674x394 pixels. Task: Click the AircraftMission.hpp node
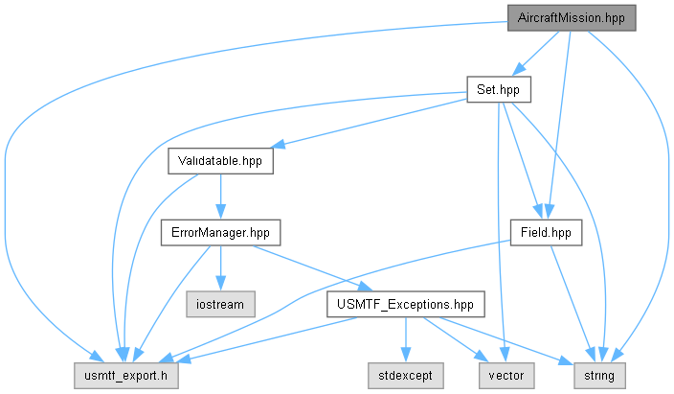point(572,17)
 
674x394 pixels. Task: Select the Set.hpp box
point(499,89)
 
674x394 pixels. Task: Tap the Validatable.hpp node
point(220,161)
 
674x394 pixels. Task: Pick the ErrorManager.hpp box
point(220,233)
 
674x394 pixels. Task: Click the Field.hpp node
point(546,233)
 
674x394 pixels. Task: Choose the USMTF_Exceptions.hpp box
point(406,305)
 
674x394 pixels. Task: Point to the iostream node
point(220,305)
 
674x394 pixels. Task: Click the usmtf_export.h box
point(126,376)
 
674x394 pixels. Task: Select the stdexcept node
point(406,376)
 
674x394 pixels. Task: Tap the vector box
point(506,376)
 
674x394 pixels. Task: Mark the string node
point(599,376)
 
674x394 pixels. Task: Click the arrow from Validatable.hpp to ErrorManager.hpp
point(220,197)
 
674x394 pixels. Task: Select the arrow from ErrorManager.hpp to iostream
point(220,268)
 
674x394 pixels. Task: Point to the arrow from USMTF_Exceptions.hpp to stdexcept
point(406,340)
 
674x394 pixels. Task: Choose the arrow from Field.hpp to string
point(573,304)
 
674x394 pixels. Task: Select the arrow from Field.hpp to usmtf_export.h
point(301,297)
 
